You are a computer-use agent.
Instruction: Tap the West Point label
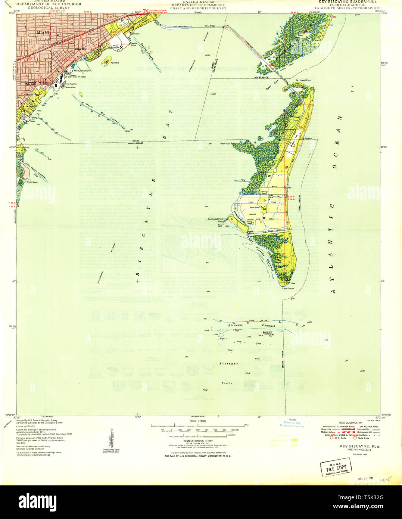click(225, 143)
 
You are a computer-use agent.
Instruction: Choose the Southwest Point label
click(215, 219)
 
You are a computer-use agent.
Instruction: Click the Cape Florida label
click(288, 289)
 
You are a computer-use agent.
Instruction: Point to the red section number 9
click(289, 262)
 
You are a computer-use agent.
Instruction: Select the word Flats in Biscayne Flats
click(226, 383)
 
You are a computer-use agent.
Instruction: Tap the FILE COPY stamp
click(336, 467)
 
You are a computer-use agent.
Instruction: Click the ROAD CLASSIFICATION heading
click(348, 423)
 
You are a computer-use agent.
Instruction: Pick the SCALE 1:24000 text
click(198, 421)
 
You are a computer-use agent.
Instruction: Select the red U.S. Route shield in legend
click(332, 438)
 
